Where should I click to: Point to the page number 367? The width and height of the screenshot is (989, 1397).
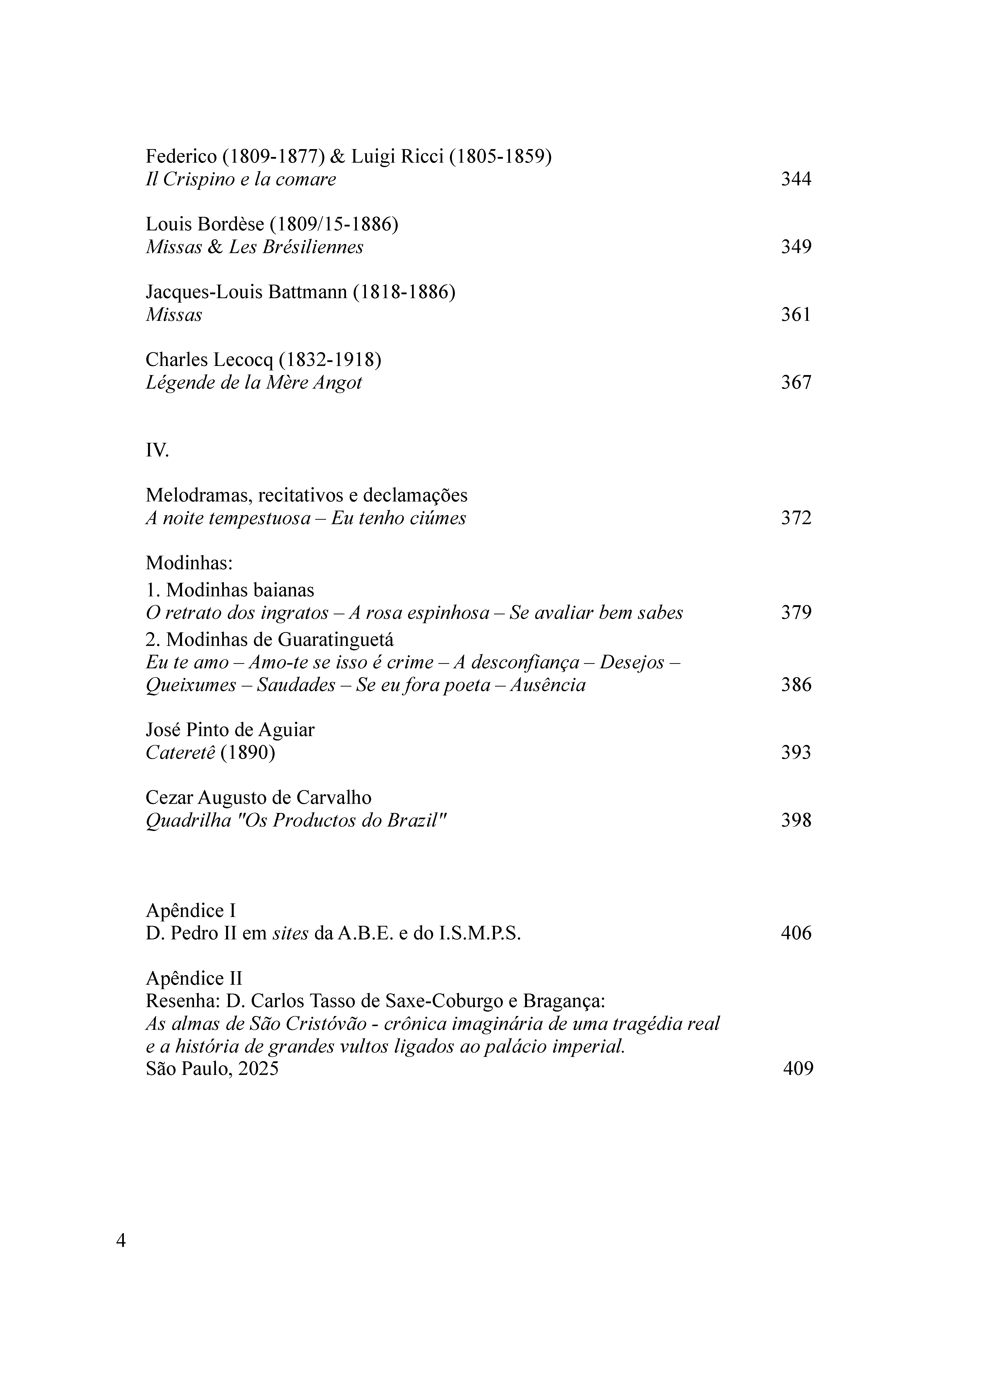click(796, 383)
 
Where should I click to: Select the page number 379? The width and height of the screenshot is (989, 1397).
click(796, 612)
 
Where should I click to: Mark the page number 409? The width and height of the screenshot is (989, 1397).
click(798, 1069)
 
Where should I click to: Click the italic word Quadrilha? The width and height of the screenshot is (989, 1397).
click(189, 821)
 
